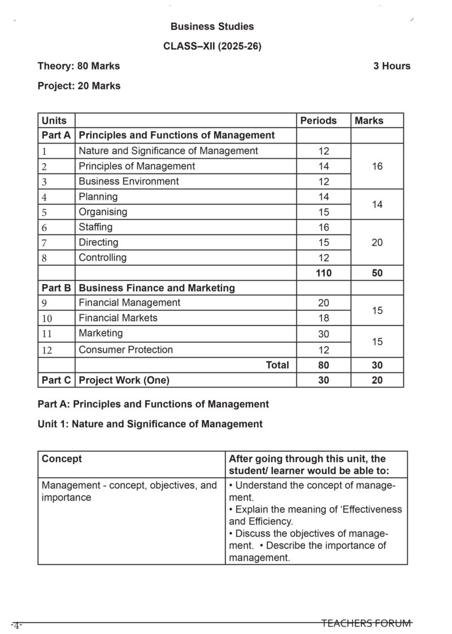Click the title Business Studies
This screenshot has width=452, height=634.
tap(212, 27)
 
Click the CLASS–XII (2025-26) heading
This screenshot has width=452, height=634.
tap(212, 46)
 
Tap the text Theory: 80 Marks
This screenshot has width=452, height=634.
tap(79, 66)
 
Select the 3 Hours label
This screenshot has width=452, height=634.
tap(392, 66)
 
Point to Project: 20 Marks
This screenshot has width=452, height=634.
tap(79, 86)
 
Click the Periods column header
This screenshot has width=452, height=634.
tap(318, 120)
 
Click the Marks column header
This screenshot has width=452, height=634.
tap(369, 120)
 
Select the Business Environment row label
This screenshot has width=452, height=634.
tap(129, 181)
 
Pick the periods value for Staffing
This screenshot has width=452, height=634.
tap(323, 227)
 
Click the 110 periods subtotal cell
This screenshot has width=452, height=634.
tap(323, 273)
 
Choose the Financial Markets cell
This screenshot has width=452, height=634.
tap(118, 318)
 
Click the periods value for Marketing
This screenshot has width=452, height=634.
tap(323, 334)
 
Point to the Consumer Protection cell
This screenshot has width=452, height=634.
tap(126, 350)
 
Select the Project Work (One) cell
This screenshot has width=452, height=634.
tap(124, 380)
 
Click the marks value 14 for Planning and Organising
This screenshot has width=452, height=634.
tap(377, 205)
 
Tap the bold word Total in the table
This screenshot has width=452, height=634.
tap(277, 365)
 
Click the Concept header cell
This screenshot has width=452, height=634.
tap(62, 459)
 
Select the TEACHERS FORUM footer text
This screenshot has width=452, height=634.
tap(366, 623)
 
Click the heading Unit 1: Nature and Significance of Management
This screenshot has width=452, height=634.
tap(150, 424)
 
